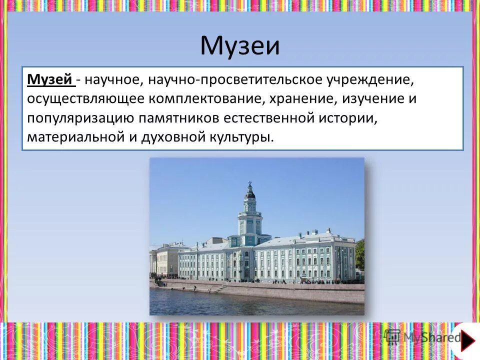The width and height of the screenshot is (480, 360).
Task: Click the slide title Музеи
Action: (240, 45)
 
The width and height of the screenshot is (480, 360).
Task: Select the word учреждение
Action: (370, 79)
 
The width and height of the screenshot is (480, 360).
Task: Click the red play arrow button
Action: (467, 340)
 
